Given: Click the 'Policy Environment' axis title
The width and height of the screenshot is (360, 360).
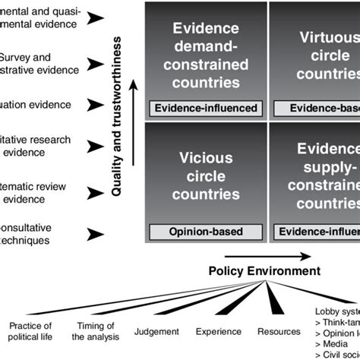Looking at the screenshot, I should [264, 271].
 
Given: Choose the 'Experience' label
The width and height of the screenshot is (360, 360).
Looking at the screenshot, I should [218, 331].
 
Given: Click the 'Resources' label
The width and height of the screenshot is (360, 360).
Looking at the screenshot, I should [279, 331].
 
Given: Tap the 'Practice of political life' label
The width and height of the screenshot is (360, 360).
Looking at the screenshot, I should [30, 332].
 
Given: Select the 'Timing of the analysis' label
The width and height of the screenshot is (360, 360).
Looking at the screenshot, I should [96, 332].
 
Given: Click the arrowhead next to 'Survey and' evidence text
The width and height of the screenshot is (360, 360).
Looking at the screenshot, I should [96, 60].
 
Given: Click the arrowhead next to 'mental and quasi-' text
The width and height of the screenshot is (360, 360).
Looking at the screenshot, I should [96, 17].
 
